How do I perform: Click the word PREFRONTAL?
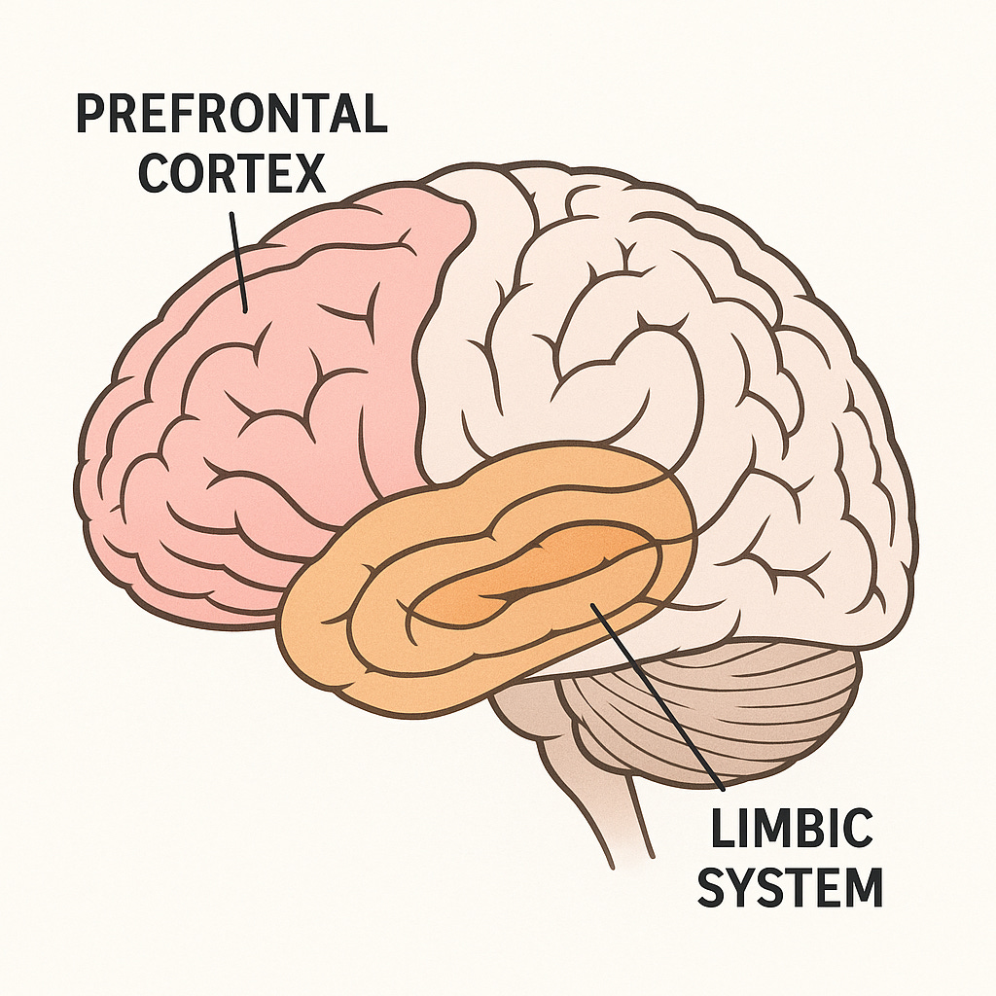coord(231,115)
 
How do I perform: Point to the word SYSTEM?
coord(791,886)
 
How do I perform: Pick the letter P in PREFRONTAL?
coord(90,115)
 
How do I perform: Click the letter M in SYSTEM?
coord(861,886)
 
